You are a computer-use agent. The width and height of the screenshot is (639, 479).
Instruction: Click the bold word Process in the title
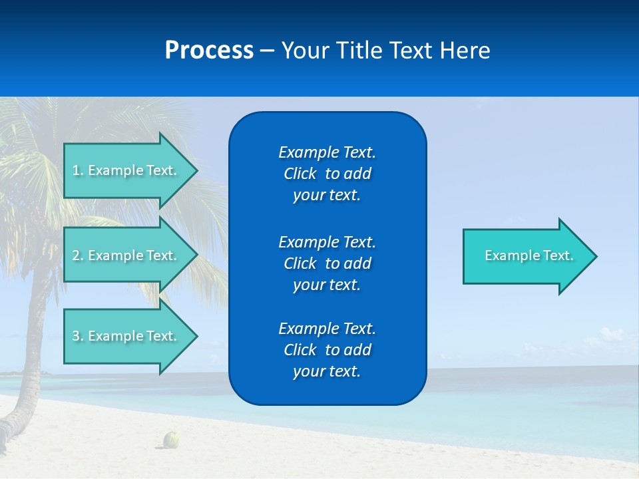[209, 51]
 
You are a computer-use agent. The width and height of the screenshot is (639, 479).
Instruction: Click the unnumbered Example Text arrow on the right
[529, 256]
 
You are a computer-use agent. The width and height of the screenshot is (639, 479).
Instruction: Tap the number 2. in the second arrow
[77, 255]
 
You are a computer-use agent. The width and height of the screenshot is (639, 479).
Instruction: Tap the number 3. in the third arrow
[77, 336]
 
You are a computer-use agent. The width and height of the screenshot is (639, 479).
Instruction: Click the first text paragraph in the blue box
[327, 174]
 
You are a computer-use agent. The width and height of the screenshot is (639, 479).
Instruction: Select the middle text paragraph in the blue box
[327, 263]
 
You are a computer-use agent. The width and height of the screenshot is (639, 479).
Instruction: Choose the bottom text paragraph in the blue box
[327, 350]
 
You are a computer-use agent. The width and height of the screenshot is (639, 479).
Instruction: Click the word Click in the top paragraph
[300, 174]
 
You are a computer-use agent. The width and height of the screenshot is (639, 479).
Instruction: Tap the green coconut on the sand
[172, 439]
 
